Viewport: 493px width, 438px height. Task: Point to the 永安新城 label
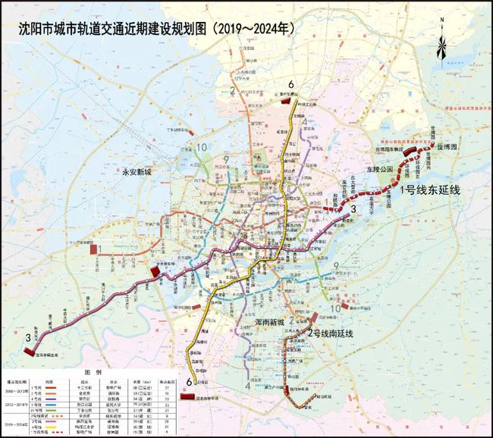pyautogui.click(x=143, y=172)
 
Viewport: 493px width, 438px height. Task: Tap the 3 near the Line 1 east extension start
pyautogui.click(x=353, y=209)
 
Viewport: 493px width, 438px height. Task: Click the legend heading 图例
pyautogui.click(x=93, y=373)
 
